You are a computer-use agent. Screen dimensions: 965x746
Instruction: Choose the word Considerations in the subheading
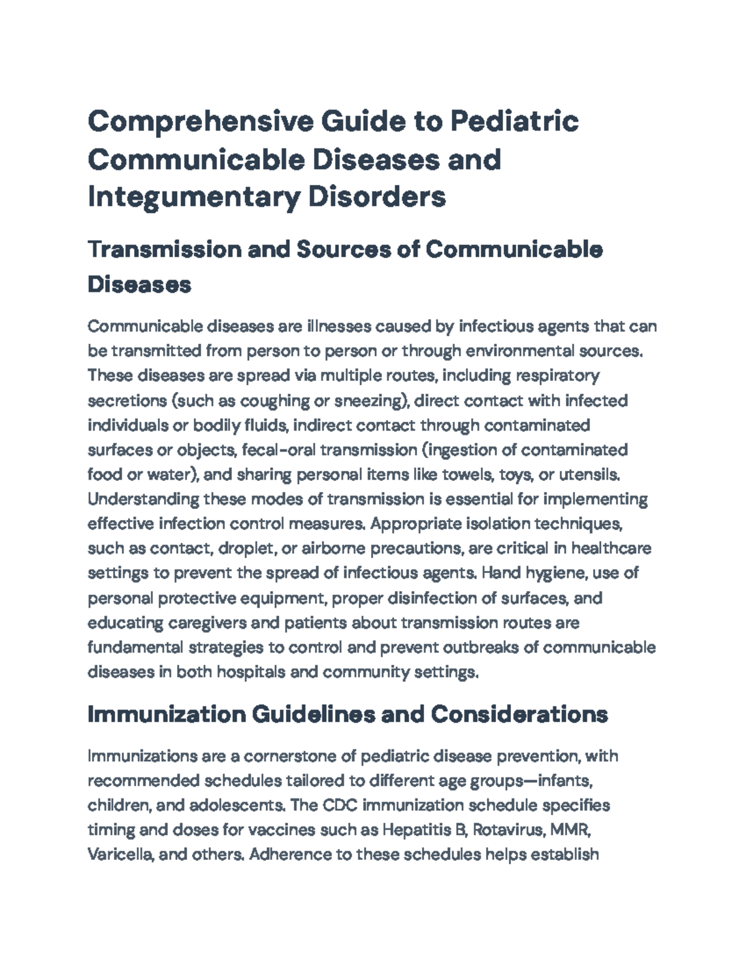click(x=519, y=715)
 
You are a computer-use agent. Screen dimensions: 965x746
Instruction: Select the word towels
click(x=468, y=475)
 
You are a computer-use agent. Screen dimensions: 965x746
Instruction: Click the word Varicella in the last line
click(x=119, y=854)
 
